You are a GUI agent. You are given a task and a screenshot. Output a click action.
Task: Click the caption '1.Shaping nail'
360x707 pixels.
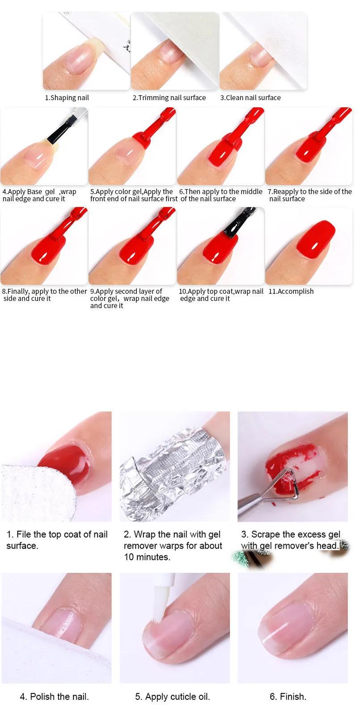[x=67, y=98]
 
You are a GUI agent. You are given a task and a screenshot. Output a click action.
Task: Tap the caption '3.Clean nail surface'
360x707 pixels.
[x=250, y=98]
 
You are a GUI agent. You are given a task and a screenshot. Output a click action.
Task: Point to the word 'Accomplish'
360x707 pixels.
[x=295, y=291]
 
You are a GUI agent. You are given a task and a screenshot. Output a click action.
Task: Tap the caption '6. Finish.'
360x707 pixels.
[x=288, y=696]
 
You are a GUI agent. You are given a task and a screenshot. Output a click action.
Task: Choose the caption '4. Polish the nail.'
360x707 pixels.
[x=54, y=696]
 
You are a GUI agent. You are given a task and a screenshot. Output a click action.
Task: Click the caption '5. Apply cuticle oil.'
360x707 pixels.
[x=173, y=696]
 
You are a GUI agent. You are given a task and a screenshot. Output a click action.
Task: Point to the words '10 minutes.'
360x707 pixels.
[x=147, y=557]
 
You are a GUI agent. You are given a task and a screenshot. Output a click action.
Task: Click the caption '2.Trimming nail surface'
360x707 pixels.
[x=169, y=98]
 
